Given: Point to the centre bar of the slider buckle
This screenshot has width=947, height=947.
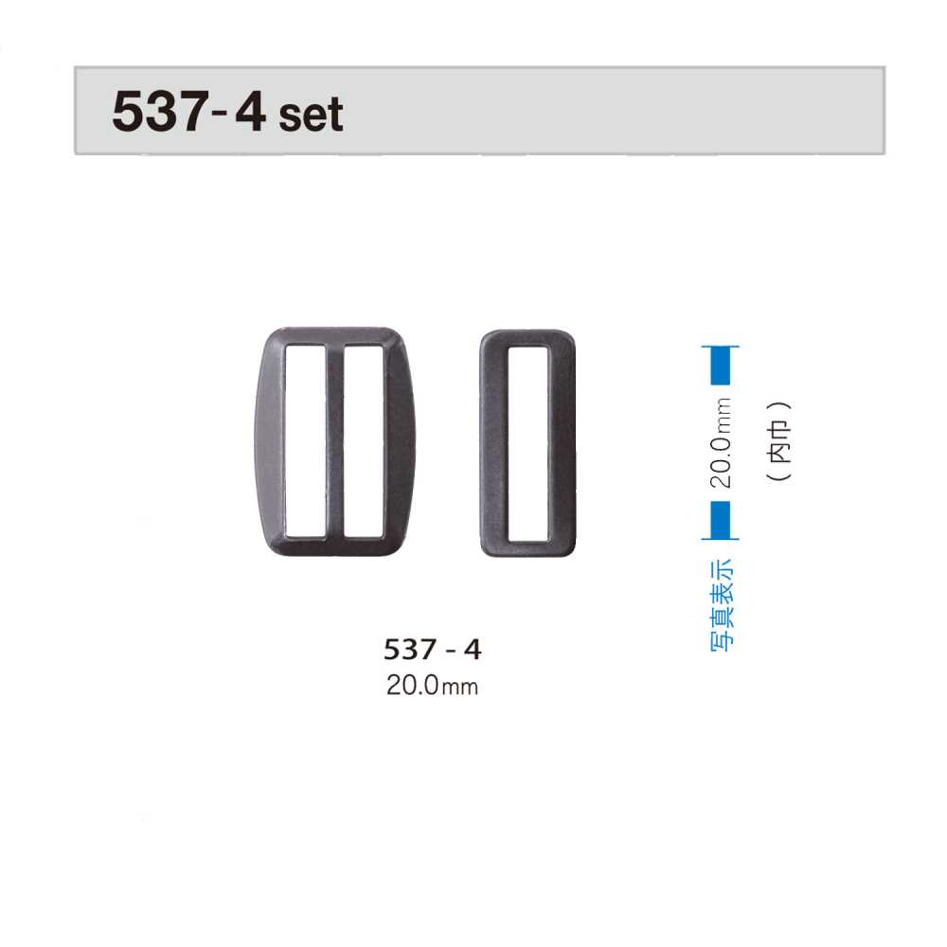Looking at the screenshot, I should click(335, 442).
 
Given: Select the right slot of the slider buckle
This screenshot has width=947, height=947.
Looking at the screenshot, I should click(364, 442).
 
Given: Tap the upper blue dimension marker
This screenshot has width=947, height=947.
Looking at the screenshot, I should click(721, 366).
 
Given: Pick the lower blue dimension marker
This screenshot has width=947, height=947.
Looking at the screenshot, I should click(721, 521).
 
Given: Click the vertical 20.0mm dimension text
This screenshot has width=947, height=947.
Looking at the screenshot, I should click(722, 443).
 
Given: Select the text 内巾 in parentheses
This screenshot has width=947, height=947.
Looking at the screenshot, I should click(780, 443).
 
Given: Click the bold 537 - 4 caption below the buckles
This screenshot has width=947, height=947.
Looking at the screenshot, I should click(433, 650).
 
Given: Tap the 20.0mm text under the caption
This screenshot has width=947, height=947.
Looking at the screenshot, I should click(432, 685).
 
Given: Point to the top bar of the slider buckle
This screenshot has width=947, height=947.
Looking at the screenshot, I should click(335, 336).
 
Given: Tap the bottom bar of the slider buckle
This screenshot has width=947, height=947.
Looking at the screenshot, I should click(335, 546).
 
